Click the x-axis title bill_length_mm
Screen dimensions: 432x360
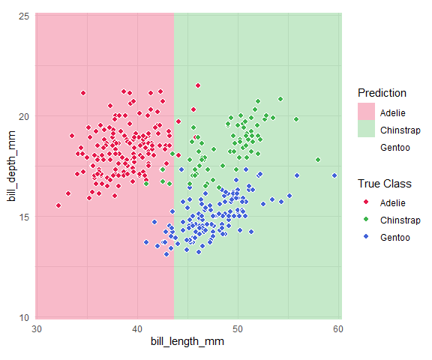tap(187, 341)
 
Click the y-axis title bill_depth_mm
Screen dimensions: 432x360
tap(11, 166)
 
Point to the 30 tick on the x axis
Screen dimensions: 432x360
tap(37, 329)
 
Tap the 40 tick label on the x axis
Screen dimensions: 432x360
tap(137, 329)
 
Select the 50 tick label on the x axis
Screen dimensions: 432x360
tap(238, 329)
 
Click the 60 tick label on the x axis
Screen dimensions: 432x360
tap(338, 329)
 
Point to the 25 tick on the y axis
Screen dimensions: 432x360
tap(24, 16)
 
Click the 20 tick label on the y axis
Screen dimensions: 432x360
tap(24, 116)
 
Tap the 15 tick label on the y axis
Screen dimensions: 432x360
tap(24, 217)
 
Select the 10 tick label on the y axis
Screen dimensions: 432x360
tap(24, 317)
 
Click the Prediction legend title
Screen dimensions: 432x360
tap(382, 93)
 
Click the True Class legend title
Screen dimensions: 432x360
tap(384, 184)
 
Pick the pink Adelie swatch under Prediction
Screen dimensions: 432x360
tap(366, 112)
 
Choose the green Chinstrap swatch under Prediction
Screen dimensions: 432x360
tap(366, 129)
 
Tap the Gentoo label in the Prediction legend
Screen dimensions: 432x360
tap(395, 148)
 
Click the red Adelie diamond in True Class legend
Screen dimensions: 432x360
tap(366, 202)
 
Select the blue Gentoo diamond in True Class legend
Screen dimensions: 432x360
tap(366, 236)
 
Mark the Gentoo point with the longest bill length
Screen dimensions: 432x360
tap(334, 175)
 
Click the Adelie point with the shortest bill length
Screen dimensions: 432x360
tap(58, 205)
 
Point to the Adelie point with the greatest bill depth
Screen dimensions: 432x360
tap(198, 85)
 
